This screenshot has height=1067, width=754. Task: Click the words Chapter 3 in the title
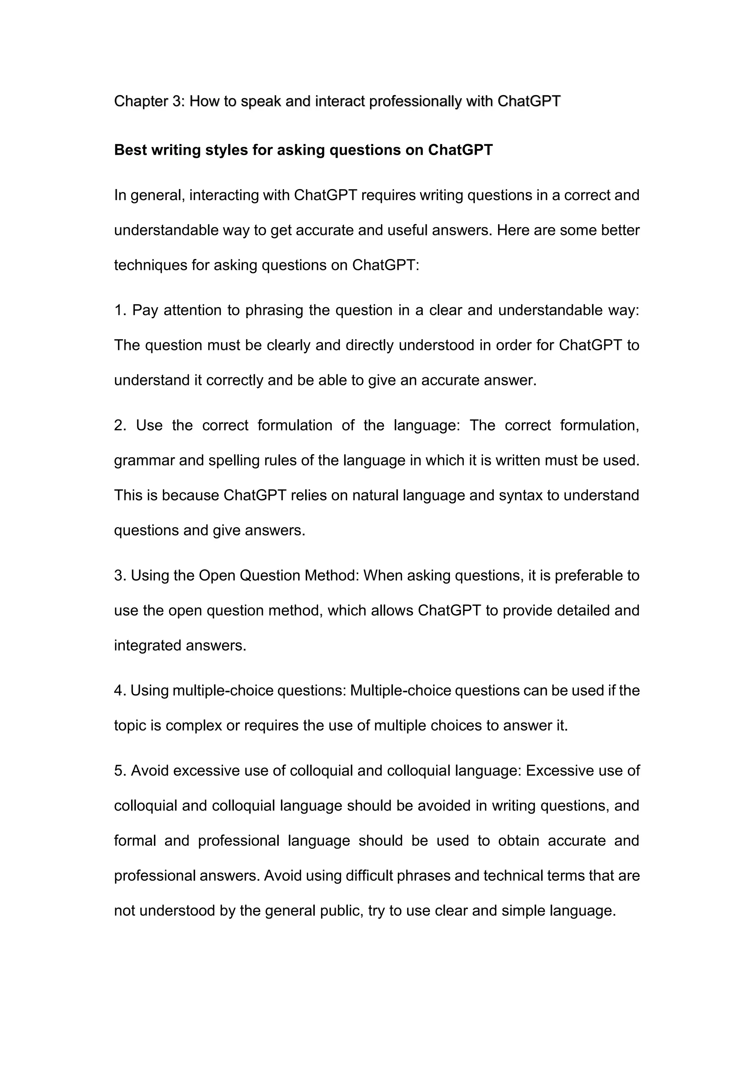click(x=149, y=101)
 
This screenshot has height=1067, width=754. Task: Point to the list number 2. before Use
click(x=120, y=425)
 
